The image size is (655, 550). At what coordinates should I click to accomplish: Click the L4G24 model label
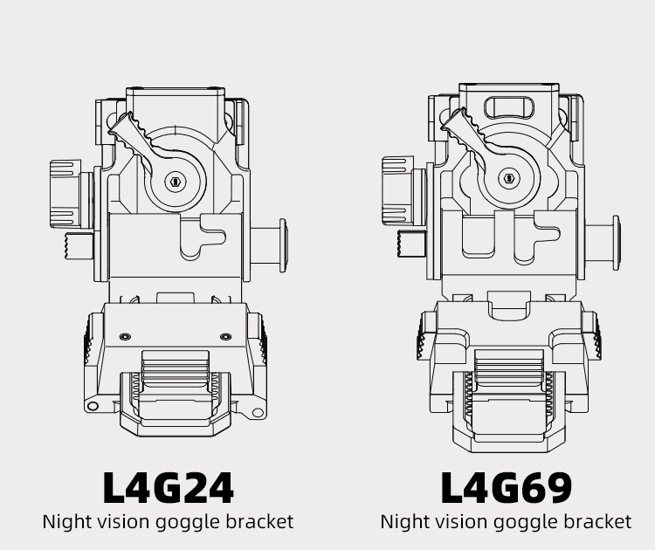coord(168,487)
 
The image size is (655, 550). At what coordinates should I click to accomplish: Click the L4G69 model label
coord(507,487)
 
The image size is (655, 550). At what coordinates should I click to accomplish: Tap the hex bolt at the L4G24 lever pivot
coord(175,182)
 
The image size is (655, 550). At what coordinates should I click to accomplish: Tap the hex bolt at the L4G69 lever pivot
coord(509,178)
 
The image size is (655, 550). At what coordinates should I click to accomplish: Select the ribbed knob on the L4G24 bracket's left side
coord(66,194)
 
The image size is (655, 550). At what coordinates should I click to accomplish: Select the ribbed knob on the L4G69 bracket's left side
coord(398,191)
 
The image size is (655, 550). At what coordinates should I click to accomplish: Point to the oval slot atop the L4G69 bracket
coord(510,107)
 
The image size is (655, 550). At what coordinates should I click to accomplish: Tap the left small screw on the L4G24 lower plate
coord(125,337)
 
